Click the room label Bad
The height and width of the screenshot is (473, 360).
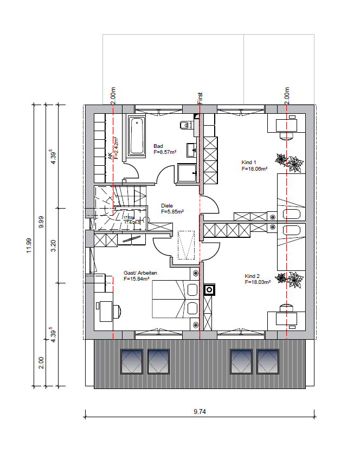click(158, 146)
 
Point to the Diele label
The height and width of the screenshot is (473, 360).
click(168, 206)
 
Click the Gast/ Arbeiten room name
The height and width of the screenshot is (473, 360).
click(140, 273)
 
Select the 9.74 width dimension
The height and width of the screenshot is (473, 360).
click(200, 412)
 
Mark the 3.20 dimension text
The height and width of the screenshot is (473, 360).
click(53, 245)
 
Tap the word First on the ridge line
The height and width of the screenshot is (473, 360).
click(200, 98)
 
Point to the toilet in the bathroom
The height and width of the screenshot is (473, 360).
click(185, 125)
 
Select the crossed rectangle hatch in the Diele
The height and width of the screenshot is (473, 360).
click(187, 244)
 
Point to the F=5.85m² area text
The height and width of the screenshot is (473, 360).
click(172, 212)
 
